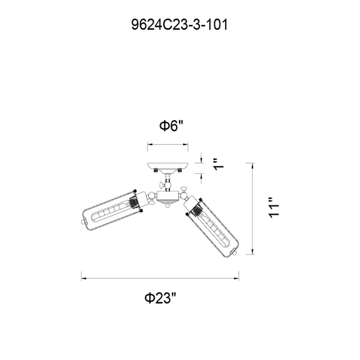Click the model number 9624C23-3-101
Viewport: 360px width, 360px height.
click(x=179, y=25)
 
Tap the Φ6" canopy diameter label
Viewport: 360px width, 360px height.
click(x=172, y=126)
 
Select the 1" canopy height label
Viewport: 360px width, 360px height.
click(x=219, y=164)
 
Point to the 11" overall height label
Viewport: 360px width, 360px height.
click(x=274, y=207)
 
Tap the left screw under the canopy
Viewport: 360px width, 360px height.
click(x=156, y=171)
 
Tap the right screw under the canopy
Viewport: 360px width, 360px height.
click(x=180, y=171)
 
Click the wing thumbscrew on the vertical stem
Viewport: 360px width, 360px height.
click(x=162, y=184)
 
